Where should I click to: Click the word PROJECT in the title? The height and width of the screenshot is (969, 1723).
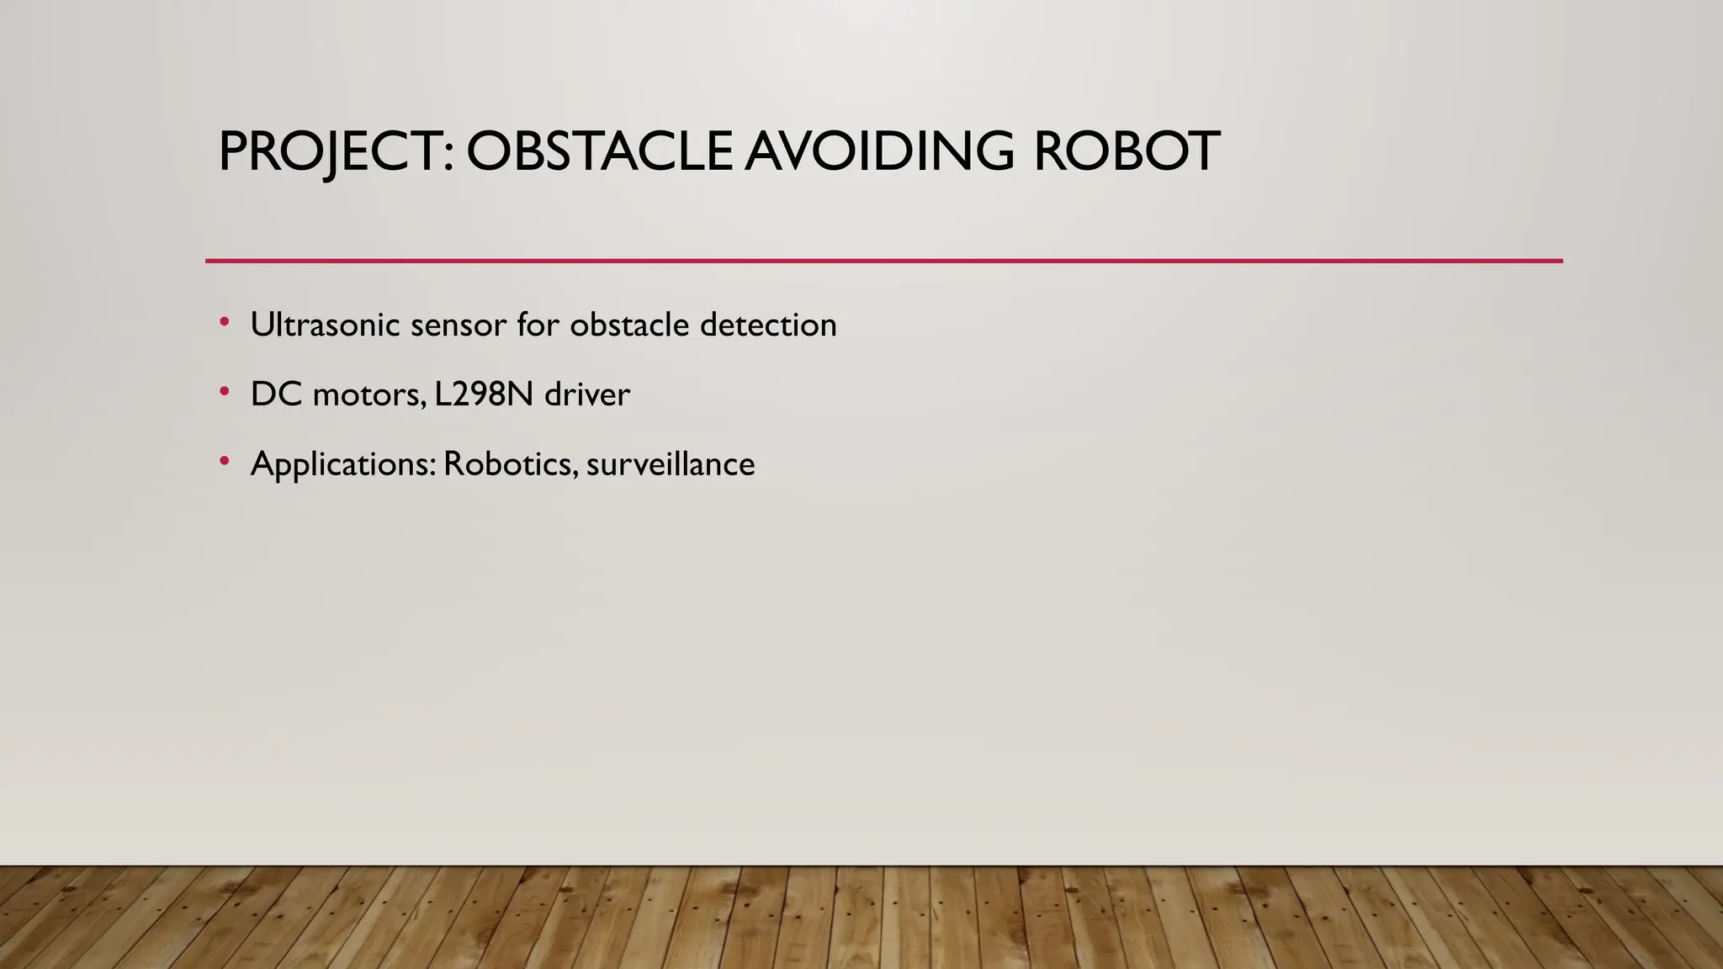click(329, 151)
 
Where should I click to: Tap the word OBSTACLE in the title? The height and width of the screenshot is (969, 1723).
click(599, 151)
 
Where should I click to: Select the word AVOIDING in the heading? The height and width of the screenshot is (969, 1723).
click(879, 151)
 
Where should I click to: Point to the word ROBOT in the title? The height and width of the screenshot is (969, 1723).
click(1126, 151)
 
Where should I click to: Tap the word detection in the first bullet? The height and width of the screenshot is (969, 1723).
click(768, 325)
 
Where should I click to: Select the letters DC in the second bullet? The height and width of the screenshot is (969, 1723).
click(276, 394)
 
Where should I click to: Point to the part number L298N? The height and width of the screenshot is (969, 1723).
click(484, 394)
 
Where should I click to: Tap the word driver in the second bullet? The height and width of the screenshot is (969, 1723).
click(587, 394)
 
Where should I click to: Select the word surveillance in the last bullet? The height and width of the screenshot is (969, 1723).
click(671, 464)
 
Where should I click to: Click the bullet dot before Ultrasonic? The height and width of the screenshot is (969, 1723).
click(224, 321)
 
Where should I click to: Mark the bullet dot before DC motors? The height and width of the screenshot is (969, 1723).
click(224, 391)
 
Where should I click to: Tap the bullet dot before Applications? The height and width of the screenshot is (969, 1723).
click(224, 461)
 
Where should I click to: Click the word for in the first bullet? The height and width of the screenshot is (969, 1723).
click(538, 325)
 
